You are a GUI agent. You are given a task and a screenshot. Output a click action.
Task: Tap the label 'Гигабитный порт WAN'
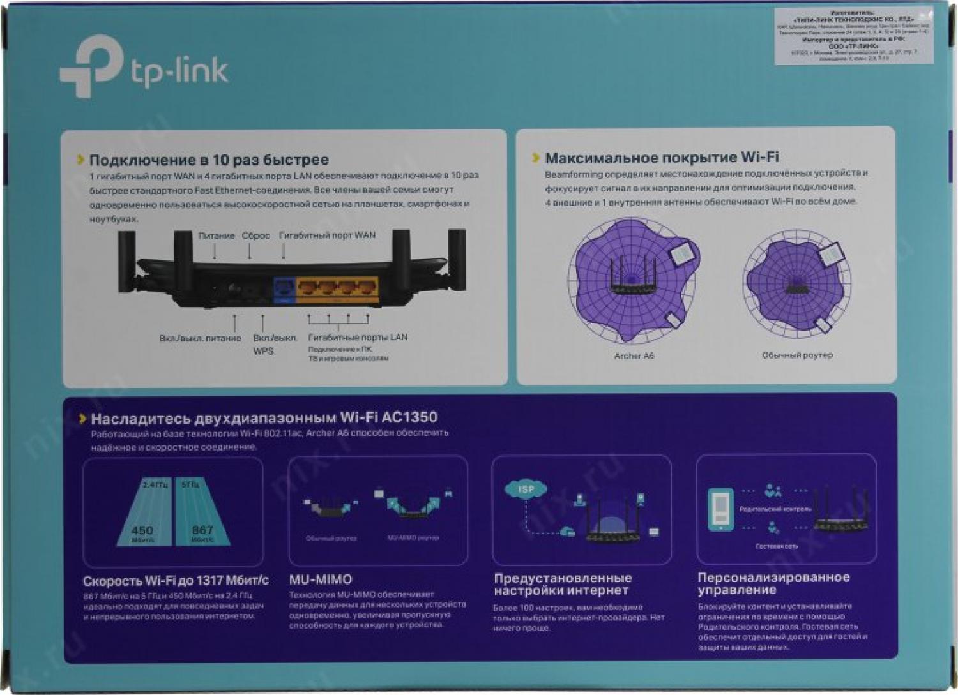pos(327,235)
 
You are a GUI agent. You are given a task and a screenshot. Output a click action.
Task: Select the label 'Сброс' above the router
pos(255,235)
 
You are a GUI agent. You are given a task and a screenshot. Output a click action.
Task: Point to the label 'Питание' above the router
pos(216,235)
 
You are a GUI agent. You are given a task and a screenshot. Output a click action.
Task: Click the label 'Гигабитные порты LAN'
pos(358,337)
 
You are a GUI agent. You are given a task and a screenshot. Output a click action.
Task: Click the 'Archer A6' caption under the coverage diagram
pos(634,355)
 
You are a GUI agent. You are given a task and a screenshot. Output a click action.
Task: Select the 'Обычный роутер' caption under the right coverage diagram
pos(797,355)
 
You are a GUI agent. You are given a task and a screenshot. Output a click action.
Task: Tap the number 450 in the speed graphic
pos(142,530)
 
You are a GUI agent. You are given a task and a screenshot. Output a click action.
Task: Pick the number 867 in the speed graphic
pos(202,530)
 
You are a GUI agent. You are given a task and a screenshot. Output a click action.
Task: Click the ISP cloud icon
pos(525,490)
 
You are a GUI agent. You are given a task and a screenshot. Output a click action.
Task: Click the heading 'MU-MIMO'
pos(321,579)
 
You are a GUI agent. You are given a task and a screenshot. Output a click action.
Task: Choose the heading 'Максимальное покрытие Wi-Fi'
pos(662,157)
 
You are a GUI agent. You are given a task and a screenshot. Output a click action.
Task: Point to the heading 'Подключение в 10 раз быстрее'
pos(209,159)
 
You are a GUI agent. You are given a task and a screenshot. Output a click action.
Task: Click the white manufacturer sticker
pos(853,36)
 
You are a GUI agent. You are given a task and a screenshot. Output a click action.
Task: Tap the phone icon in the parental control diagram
pos(721,509)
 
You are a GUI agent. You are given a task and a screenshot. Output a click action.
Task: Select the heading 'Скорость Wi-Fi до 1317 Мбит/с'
pos(176,581)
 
